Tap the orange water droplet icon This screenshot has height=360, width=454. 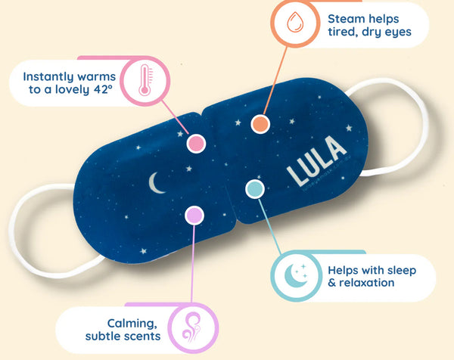point(295,23)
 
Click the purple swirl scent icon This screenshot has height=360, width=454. point(189,327)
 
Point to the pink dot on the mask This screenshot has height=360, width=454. point(195,143)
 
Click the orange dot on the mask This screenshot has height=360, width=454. point(260,123)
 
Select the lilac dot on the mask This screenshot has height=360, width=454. point(194,216)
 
